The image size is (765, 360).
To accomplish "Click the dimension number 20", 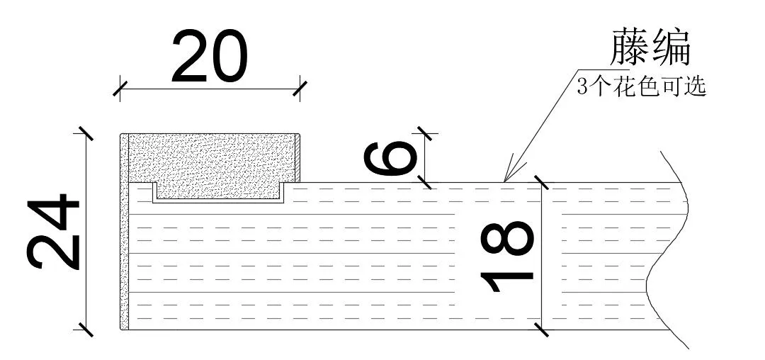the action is point(210,56).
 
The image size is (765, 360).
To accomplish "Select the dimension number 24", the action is point(53,232).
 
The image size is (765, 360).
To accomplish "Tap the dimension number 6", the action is point(391,158).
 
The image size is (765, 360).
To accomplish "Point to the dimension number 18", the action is point(507,257).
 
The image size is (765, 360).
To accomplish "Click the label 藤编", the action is point(650,47).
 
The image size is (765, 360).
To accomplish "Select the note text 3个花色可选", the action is point(642,87).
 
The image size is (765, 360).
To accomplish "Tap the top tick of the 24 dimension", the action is point(86,133).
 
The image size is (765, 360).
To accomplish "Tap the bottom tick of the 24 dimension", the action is point(86,330).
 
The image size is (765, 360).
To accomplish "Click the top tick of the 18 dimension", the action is point(542,182).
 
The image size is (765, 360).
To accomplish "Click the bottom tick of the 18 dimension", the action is point(542,330).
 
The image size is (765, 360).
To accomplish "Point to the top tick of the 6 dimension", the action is point(425,133).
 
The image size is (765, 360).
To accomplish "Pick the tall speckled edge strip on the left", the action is point(125,231).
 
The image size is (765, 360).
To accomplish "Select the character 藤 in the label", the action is point(630,47).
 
